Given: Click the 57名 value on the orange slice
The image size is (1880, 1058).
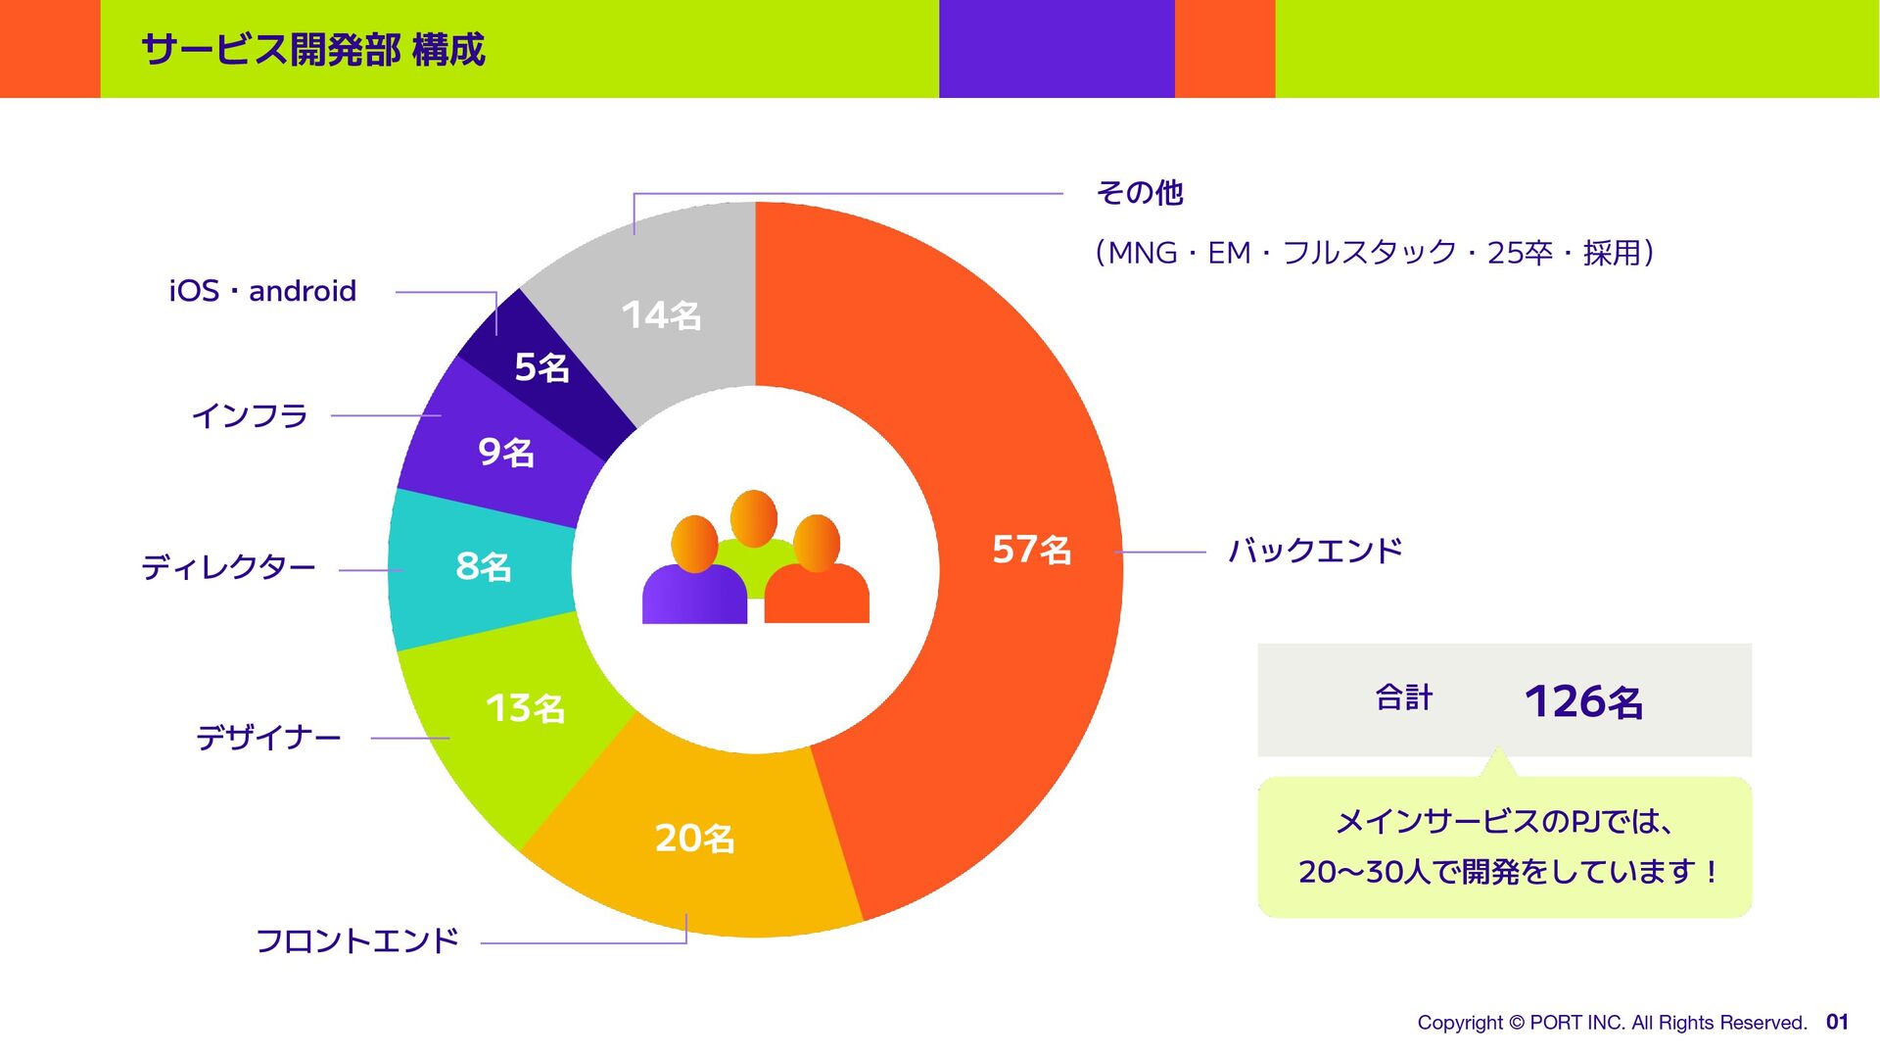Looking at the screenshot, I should pyautogui.click(x=1031, y=550).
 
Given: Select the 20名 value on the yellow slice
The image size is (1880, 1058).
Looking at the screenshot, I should pyautogui.click(x=694, y=839).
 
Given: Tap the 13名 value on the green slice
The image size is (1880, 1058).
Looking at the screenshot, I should pyautogui.click(x=525, y=708).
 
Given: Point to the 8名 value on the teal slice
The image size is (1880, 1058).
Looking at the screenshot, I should pyautogui.click(x=483, y=566).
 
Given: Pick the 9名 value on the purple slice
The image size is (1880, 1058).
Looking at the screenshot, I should pyautogui.click(x=505, y=452).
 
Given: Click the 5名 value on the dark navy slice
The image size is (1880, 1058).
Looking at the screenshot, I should pyautogui.click(x=541, y=367).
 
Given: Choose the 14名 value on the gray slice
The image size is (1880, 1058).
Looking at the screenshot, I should pyautogui.click(x=661, y=315).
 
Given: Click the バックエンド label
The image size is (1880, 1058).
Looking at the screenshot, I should pyautogui.click(x=1315, y=551).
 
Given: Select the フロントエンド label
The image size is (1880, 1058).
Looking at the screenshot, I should pyautogui.click(x=357, y=940).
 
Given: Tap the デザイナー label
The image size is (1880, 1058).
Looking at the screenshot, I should pyautogui.click(x=268, y=737).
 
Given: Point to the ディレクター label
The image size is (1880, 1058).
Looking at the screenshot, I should pyautogui.click(x=228, y=567).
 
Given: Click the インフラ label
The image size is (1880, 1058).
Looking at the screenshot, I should pyautogui.click(x=250, y=416).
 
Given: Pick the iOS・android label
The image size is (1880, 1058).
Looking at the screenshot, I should pyautogui.click(x=262, y=291).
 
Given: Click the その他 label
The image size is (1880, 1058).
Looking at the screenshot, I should pyautogui.click(x=1140, y=193).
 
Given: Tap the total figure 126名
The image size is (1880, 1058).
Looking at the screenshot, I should pyautogui.click(x=1583, y=701).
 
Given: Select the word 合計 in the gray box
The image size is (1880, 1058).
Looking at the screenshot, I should pyautogui.click(x=1404, y=697).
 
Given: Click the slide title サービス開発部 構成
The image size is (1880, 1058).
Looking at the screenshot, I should pyautogui.click(x=313, y=50).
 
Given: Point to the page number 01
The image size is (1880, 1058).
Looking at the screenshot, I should pyautogui.click(x=1837, y=1022).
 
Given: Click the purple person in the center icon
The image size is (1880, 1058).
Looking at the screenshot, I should pyautogui.click(x=693, y=583).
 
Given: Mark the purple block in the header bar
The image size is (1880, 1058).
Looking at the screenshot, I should pyautogui.click(x=1057, y=49).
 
